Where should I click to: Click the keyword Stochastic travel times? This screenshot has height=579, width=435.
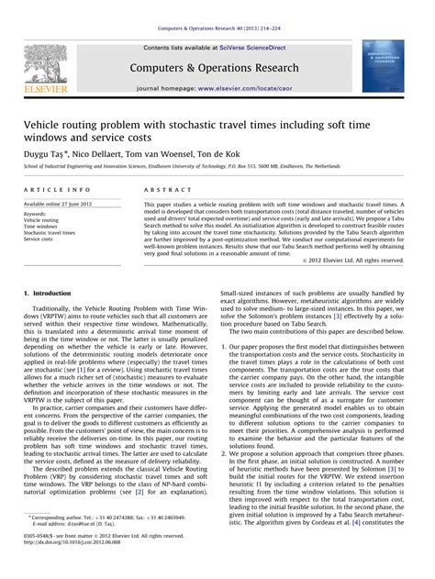(x=56, y=234)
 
